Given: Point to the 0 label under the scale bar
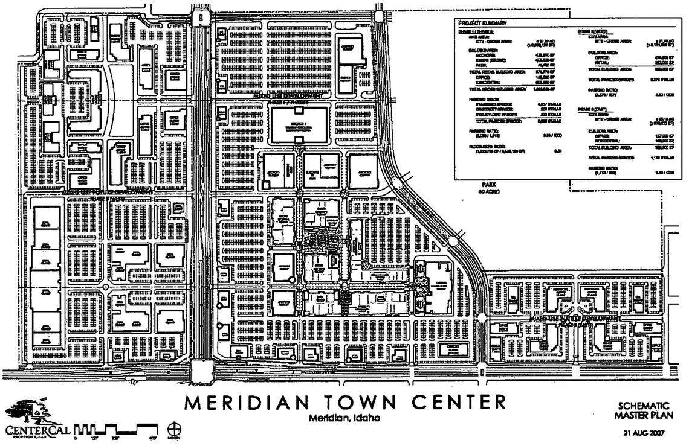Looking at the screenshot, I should (x=75, y=438).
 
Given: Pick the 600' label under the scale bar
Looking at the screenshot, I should (x=154, y=438).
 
